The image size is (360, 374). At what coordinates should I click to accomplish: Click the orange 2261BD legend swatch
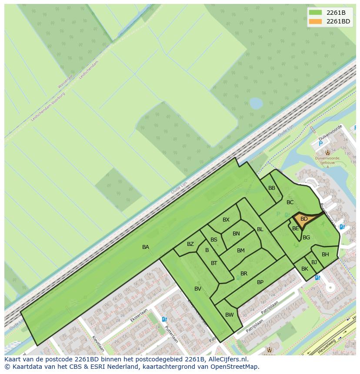tap(316, 21)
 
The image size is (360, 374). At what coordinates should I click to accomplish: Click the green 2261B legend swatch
tap(316, 13)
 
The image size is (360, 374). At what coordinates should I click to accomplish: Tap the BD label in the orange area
tap(304, 219)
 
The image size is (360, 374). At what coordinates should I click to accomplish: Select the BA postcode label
tap(146, 247)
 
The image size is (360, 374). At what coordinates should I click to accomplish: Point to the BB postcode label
tap(272, 188)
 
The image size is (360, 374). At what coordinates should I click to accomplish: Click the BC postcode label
tap(290, 202)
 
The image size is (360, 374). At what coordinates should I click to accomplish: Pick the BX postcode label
tap(226, 220)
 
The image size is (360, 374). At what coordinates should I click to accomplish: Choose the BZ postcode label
tap(190, 244)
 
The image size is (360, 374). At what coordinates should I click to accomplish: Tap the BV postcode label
tap(198, 289)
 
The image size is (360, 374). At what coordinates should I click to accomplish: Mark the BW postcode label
tap(230, 315)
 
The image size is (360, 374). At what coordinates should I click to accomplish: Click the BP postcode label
tap(260, 282)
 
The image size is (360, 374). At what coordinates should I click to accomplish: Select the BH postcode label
tap(325, 255)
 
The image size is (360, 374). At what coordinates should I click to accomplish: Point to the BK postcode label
tap(305, 269)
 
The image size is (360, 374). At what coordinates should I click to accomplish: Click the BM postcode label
tap(241, 251)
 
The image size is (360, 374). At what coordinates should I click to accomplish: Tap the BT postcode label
tap(214, 263)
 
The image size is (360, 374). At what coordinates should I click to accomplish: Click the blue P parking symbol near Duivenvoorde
tap(321, 144)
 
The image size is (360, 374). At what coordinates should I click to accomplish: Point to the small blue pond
tap(256, 103)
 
